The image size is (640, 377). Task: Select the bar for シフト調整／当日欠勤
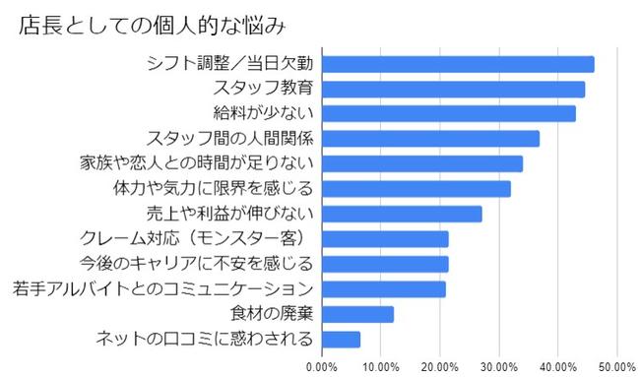coord(458,64)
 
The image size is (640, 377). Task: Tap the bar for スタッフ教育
coord(453,90)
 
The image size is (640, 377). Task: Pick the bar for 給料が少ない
coord(448,114)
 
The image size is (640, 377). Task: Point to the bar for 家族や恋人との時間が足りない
coord(422,163)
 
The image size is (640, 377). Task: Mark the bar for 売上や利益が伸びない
coord(402,214)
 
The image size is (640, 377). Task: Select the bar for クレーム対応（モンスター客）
coord(385,239)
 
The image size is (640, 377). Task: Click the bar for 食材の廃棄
coord(357,314)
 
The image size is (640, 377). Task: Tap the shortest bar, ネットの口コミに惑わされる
coord(341,340)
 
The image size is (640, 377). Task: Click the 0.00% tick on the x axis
coord(322,366)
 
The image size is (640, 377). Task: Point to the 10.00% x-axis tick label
coord(381,366)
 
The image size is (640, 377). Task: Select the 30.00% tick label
coord(499,366)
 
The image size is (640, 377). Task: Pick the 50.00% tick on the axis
coord(617,366)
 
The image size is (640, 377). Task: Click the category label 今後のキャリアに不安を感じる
coord(197,264)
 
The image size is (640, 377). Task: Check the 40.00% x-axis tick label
coord(558,366)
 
